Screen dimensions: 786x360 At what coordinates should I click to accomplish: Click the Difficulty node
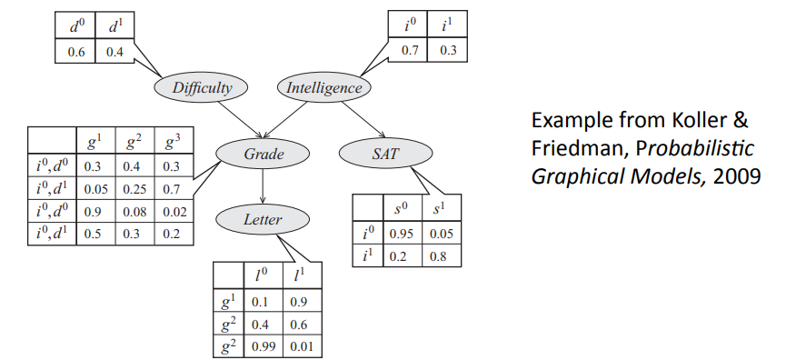tap(201, 88)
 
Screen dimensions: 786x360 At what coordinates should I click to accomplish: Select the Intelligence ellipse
tap(324, 88)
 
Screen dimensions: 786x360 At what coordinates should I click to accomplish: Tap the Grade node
tap(264, 154)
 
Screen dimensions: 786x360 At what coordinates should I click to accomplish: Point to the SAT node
tap(386, 154)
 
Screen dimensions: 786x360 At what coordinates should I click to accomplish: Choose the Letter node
tap(264, 219)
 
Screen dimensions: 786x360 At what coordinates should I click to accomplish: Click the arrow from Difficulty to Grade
tap(240, 119)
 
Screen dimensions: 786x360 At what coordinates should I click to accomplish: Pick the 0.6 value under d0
tap(75, 52)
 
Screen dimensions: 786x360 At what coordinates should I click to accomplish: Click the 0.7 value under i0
tap(409, 51)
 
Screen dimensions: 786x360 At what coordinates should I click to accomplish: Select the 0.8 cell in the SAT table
tap(441, 256)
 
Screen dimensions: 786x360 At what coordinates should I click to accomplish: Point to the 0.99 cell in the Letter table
tap(264, 346)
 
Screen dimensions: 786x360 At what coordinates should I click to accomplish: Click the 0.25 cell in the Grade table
tap(134, 189)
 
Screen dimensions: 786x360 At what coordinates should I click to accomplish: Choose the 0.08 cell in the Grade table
tap(134, 212)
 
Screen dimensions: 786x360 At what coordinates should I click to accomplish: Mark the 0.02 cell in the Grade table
tap(174, 212)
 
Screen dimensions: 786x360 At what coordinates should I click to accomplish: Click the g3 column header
tap(173, 143)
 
